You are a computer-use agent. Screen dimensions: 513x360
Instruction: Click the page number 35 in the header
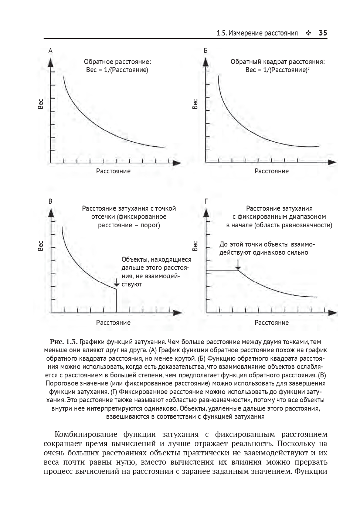(x=323, y=33)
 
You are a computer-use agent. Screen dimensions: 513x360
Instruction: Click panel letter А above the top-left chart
(x=51, y=51)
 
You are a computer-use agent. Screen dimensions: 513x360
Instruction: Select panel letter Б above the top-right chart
(x=206, y=51)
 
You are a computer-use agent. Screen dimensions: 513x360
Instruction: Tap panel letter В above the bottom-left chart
(x=51, y=201)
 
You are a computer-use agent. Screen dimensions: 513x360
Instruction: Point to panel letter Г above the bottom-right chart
(x=206, y=201)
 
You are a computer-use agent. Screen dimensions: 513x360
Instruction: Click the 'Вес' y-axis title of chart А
(x=41, y=103)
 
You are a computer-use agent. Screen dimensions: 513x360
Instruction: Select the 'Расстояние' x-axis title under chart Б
(x=271, y=171)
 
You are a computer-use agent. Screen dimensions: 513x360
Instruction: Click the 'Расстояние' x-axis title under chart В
(x=113, y=323)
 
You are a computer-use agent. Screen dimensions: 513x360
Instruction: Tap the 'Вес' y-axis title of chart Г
(x=195, y=246)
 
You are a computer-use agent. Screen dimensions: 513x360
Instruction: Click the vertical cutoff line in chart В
(x=117, y=301)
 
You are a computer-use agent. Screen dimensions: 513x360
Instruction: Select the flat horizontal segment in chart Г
(x=222, y=271)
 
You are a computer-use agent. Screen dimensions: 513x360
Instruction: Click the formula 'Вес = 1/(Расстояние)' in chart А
(x=117, y=70)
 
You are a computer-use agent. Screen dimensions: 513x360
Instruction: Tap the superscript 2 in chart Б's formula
(x=308, y=68)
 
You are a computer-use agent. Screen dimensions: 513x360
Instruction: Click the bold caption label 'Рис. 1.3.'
(x=64, y=342)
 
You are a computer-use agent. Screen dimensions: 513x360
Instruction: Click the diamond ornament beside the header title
(x=308, y=33)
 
